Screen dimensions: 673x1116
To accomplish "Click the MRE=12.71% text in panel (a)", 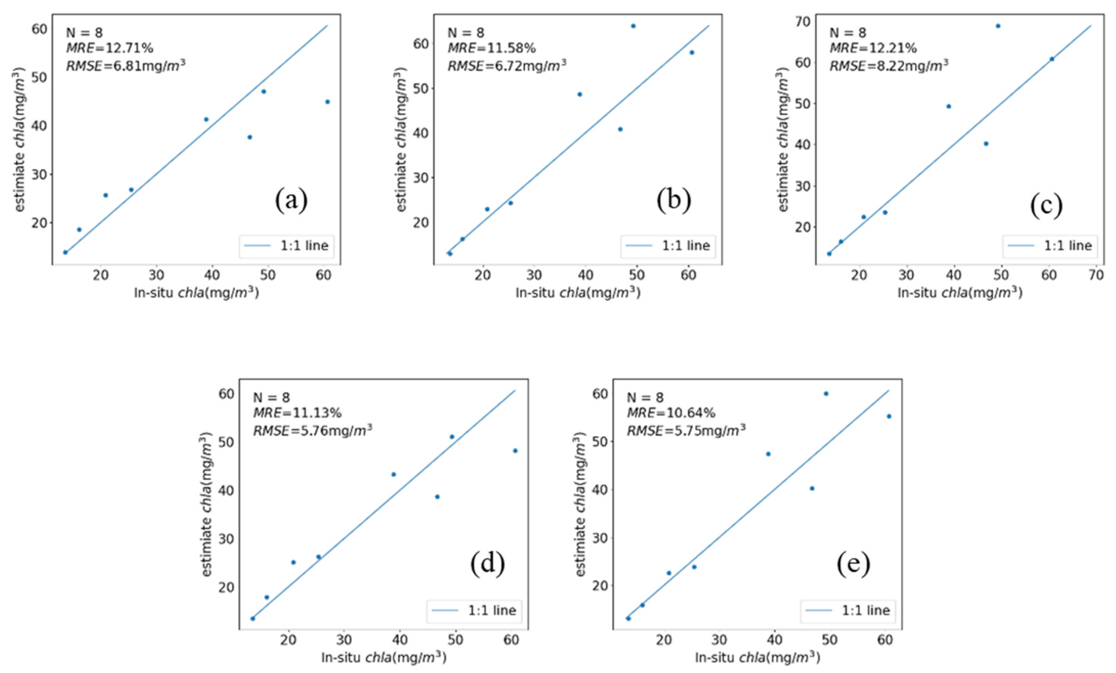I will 110,48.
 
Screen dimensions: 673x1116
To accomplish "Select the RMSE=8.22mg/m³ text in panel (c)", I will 889,66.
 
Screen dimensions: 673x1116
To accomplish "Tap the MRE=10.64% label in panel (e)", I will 671,413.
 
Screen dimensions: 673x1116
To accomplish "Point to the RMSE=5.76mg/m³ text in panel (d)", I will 313,431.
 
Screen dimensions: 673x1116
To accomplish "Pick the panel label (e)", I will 853,564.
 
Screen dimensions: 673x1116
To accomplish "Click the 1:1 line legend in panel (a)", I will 286,246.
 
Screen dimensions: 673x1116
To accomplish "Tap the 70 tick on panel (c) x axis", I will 1096,275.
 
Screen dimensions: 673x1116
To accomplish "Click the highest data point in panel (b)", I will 633,26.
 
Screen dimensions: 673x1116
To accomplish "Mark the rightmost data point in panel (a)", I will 327,102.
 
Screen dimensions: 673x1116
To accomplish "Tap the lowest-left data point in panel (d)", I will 253,619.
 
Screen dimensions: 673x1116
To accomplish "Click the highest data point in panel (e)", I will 826,394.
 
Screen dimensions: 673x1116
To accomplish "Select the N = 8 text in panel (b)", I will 466,32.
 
